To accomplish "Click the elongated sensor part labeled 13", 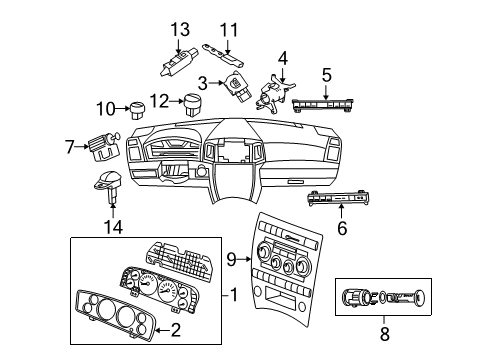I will click(172, 64).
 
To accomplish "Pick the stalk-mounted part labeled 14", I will click(110, 184).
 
